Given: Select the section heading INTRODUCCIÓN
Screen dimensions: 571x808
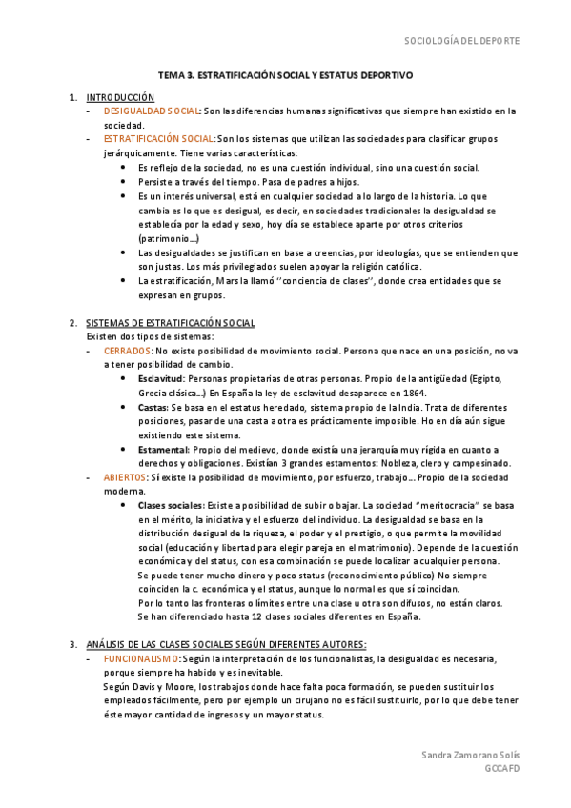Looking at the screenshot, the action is pos(120,97).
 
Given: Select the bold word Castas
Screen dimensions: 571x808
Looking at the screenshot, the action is pos(153,407).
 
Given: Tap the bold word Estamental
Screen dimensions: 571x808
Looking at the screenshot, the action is pos(163,449).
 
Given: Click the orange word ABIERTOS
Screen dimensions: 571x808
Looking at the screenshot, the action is pos(125,476).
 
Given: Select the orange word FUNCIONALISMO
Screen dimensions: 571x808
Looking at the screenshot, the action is pos(141,658).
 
